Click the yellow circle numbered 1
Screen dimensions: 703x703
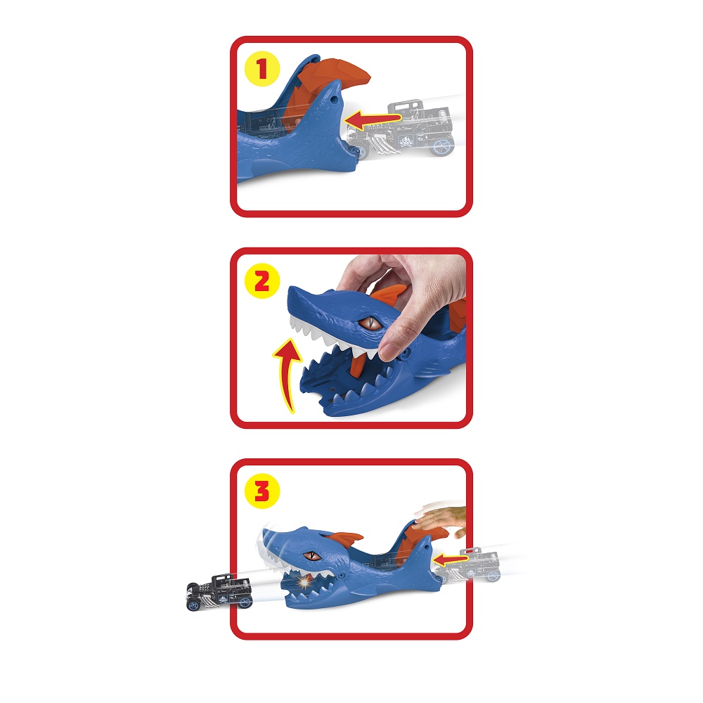pos(262,69)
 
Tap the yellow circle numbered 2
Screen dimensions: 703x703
pos(262,282)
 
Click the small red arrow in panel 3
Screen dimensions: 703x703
pos(450,560)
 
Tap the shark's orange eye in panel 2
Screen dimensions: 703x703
pos(370,323)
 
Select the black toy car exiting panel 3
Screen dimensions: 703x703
pos(219,592)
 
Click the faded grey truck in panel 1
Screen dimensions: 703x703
pos(401,129)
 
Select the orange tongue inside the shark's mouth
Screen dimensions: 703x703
pos(358,364)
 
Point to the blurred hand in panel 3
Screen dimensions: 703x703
pos(441,520)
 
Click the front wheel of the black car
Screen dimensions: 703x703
pos(193,605)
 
